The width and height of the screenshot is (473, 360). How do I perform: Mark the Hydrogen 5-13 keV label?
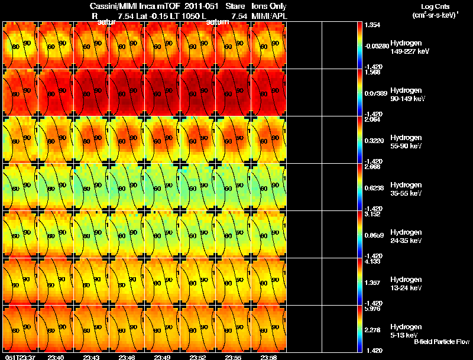point(405,330)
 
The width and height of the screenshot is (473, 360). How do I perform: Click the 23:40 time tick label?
point(56,357)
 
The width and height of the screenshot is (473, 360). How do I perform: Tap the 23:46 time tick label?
point(127,357)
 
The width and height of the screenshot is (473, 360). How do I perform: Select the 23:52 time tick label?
point(198,357)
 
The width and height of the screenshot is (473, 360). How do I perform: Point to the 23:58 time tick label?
point(269,357)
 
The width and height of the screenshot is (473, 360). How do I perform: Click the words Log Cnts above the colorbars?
point(435,6)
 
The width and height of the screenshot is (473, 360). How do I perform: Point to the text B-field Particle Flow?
point(441,342)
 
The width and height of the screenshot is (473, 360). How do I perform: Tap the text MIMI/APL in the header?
point(270,16)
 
